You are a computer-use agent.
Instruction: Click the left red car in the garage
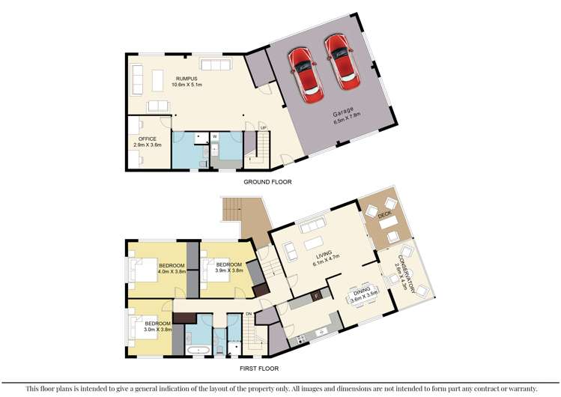(x=309, y=76)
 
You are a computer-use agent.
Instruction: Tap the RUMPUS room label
(x=187, y=79)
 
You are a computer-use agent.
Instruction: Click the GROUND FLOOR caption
(x=267, y=182)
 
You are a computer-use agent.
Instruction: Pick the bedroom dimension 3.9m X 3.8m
(x=229, y=270)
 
